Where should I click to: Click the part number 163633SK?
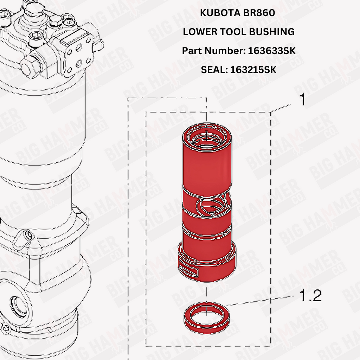(x=272, y=51)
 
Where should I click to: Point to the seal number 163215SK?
(x=253, y=70)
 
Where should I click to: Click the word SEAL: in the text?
(x=214, y=70)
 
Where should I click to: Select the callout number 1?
(x=303, y=100)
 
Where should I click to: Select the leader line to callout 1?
(x=280, y=108)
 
